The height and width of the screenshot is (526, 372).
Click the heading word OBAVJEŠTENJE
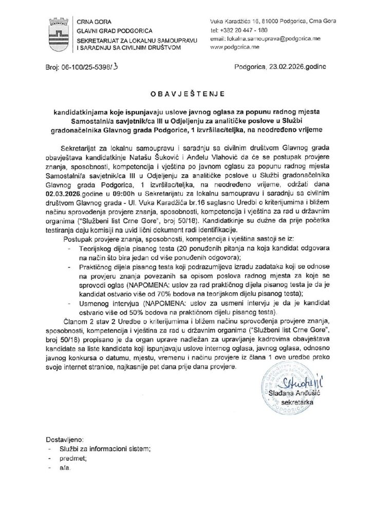point(186,94)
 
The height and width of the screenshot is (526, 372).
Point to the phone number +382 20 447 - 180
point(247,30)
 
